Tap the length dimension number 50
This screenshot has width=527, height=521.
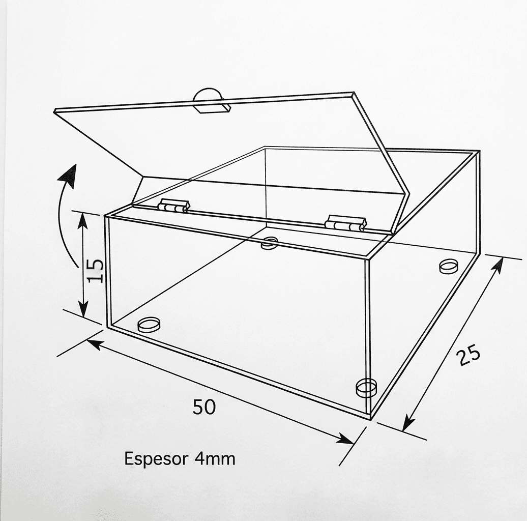click(204, 407)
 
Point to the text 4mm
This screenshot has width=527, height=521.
click(215, 458)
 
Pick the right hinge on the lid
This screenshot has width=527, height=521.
click(346, 223)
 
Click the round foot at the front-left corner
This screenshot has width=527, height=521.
click(149, 325)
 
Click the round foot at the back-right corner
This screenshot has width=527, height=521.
click(448, 266)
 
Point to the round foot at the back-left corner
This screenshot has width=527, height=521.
click(269, 243)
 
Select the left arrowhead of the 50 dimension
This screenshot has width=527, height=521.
click(95, 344)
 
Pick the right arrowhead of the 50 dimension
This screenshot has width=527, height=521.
click(345, 438)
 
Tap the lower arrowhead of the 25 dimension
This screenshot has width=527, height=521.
click(408, 422)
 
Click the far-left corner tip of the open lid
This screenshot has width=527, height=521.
click(55, 110)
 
